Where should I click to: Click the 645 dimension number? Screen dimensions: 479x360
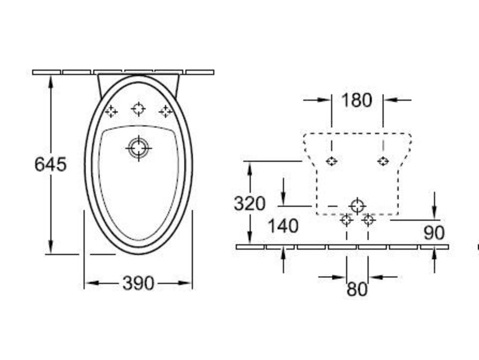tap(50, 164)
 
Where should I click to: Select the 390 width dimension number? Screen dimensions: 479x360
tap(138, 283)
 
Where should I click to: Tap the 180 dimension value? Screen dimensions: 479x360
tap(357, 100)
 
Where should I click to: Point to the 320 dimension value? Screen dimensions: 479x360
tap(250, 203)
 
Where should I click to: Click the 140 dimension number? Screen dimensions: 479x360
tap(283, 226)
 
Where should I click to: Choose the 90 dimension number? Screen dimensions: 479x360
tap(434, 233)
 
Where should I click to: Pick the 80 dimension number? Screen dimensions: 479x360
tap(357, 289)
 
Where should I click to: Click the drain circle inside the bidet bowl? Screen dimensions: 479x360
tap(139, 148)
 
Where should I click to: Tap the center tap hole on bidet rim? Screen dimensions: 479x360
tap(138, 109)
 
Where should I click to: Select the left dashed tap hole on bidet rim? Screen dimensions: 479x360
tap(111, 112)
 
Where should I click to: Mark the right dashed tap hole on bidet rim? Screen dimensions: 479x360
tap(166, 112)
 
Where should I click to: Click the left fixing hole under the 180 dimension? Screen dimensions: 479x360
tap(331, 161)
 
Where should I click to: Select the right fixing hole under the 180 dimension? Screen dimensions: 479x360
tap(383, 161)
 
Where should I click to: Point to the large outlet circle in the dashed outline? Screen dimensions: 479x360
tap(357, 206)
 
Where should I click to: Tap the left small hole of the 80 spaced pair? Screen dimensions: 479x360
tap(346, 220)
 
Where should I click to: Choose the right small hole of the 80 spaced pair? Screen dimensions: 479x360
tap(368, 220)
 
